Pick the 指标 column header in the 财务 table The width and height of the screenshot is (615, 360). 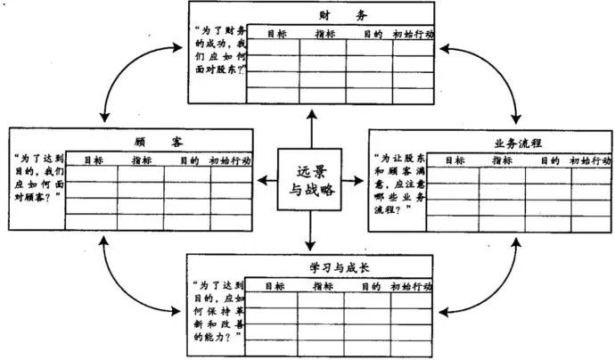325,35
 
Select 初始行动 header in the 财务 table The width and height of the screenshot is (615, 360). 413,35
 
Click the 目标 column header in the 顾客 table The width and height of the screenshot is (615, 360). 93,160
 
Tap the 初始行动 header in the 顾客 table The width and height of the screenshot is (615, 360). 230,160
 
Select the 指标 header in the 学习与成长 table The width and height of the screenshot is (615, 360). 322,287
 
